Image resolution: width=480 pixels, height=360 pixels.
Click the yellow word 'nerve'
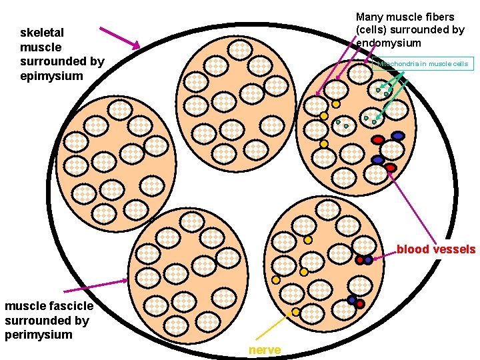pos(265,350)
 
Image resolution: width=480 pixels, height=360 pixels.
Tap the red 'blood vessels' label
pos(436,249)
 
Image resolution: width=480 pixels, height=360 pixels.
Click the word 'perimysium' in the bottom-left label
pos(38,334)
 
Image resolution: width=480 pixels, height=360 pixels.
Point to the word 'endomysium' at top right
pos(388,43)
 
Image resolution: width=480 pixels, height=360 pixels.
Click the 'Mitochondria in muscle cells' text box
pos(423,64)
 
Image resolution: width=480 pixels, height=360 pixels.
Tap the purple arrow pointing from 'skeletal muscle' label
pos(119,38)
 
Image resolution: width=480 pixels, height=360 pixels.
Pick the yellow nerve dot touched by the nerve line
pos(296,312)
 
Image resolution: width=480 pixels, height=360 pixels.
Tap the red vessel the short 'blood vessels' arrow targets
pos(359,260)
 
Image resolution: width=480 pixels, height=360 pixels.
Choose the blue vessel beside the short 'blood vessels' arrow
pos(368,260)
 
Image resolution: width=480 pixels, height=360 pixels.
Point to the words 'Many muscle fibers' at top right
pos(405,17)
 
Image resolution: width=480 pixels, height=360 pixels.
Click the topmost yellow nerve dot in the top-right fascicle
pos(336,103)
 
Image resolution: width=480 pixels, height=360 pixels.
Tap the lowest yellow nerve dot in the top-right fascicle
pos(324,143)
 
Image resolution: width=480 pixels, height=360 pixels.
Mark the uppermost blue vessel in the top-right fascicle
pos(398,135)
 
